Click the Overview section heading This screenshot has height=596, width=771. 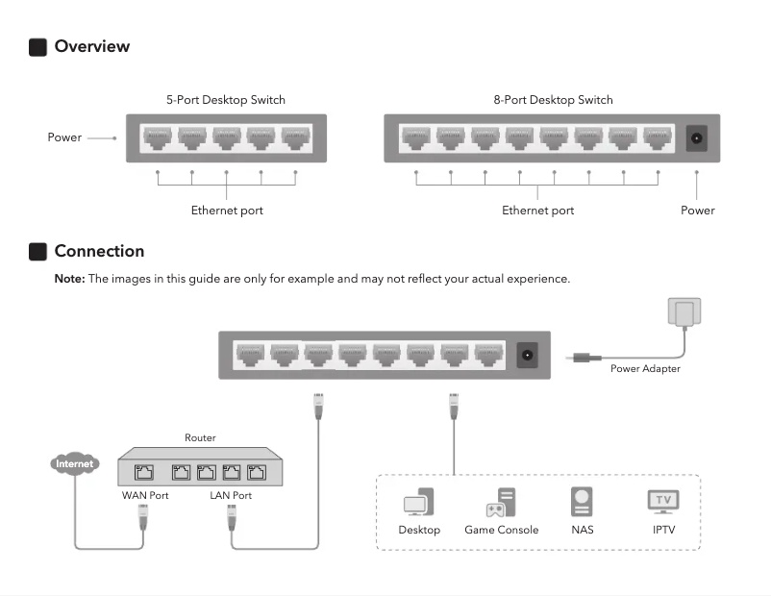click(91, 46)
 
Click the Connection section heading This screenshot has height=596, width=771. click(99, 251)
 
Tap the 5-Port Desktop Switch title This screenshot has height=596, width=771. click(225, 100)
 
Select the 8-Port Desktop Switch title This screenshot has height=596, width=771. click(553, 100)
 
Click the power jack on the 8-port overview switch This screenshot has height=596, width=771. click(696, 138)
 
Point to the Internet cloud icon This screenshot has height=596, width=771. click(75, 464)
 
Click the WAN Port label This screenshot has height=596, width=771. click(145, 496)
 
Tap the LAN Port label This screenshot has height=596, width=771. click(231, 496)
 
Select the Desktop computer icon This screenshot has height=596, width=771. click(419, 503)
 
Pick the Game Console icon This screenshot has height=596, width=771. click(501, 503)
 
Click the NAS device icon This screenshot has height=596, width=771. click(582, 502)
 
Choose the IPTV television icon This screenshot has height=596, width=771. click(662, 501)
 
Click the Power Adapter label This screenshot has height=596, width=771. click(645, 368)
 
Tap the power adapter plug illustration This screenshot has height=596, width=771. click(684, 312)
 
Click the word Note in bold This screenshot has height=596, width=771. click(70, 279)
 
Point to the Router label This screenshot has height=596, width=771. click(200, 438)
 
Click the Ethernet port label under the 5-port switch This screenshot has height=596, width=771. click(227, 211)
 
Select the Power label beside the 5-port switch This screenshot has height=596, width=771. click(64, 137)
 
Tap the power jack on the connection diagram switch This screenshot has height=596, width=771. click(527, 354)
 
